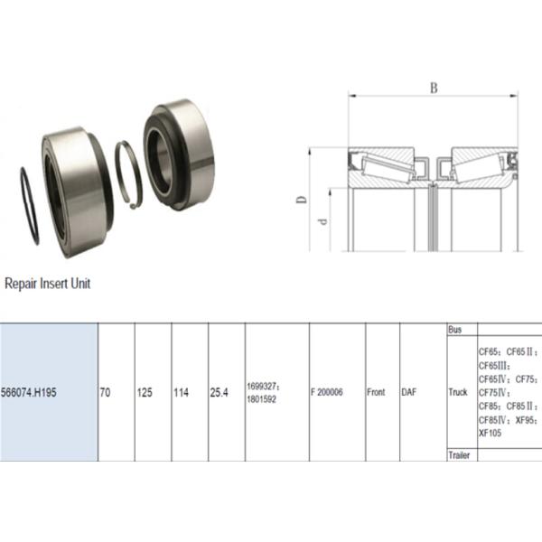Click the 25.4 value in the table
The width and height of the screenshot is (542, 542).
(220, 392)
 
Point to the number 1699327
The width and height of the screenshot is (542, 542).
(263, 386)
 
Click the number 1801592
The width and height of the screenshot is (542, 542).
(262, 399)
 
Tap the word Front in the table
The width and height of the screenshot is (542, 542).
(376, 392)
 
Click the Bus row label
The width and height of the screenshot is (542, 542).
(455, 330)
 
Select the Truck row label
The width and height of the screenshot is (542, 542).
(458, 392)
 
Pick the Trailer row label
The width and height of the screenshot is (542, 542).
(459, 455)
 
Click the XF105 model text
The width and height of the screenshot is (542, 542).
(490, 433)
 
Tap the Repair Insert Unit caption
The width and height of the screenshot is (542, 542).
(47, 284)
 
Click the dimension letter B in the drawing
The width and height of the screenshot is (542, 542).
(434, 89)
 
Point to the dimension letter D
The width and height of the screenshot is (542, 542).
(302, 200)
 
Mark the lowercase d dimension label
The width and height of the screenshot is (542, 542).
(322, 221)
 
